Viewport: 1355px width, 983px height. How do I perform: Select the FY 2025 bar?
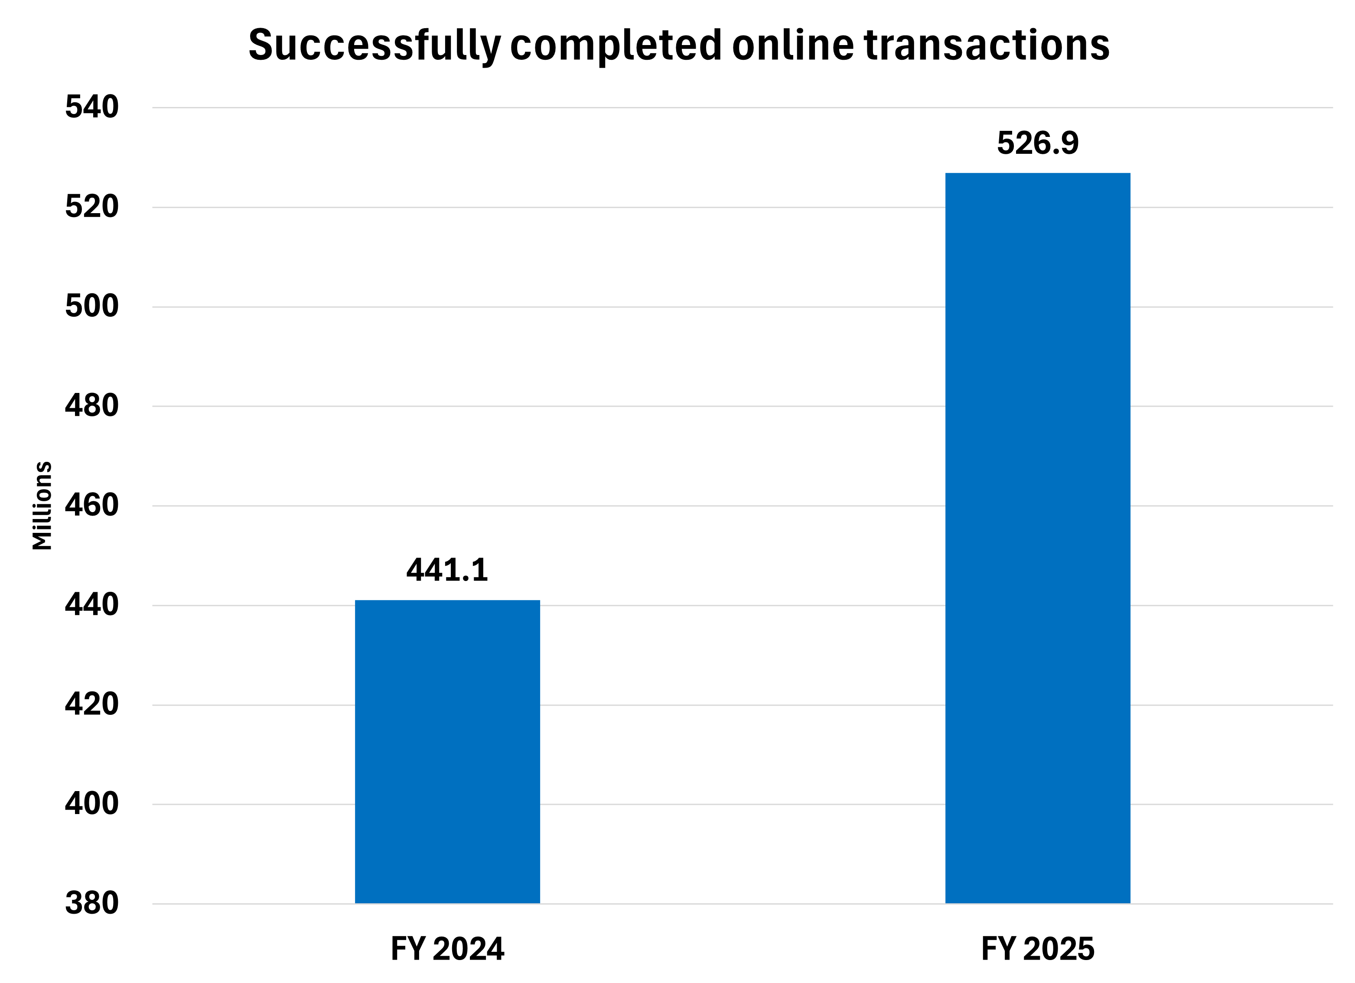pos(1037,538)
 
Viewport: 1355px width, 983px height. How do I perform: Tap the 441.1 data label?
pos(447,570)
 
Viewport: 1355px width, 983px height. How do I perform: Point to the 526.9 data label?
pos(1038,143)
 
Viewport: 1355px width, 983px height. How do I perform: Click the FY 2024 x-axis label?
pos(447,948)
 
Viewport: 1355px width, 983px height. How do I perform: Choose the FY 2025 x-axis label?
pos(1038,948)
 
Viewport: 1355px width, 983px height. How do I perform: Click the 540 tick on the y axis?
pos(91,107)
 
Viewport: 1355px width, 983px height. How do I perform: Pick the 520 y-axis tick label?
pos(91,207)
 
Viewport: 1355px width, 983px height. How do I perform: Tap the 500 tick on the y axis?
pos(91,306)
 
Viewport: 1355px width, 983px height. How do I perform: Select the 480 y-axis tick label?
pos(91,406)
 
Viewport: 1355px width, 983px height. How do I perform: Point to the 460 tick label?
pos(91,505)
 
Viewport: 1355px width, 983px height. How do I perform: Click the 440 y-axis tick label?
pos(91,605)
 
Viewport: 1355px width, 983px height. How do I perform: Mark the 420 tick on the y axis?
pos(91,704)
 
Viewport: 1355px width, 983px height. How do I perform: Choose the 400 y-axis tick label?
pos(91,804)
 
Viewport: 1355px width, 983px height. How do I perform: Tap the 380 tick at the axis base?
pos(91,903)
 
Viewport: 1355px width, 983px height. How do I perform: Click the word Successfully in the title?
pos(374,45)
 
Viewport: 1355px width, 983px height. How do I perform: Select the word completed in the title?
pos(616,45)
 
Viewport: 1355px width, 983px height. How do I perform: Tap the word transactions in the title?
pos(987,45)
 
